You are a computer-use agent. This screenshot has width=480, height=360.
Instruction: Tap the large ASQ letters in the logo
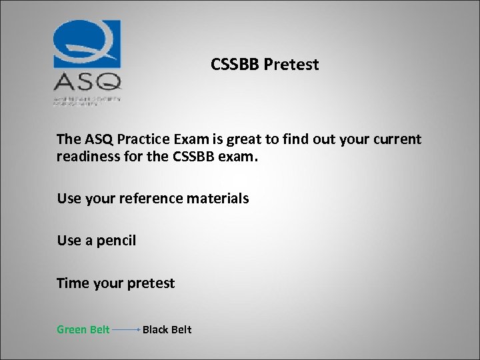[87, 81]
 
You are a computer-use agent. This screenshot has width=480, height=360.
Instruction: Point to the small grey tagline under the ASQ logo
[87, 99]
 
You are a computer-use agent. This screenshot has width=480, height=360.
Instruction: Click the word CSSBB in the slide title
[235, 65]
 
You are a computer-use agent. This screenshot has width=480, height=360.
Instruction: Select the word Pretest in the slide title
[291, 65]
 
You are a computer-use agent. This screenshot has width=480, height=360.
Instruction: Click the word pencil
[116, 241]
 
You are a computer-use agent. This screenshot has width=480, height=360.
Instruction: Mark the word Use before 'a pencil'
[69, 241]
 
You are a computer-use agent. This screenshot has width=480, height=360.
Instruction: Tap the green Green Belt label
[83, 329]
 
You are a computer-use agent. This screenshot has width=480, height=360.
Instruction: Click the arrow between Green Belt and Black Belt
[126, 329]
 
